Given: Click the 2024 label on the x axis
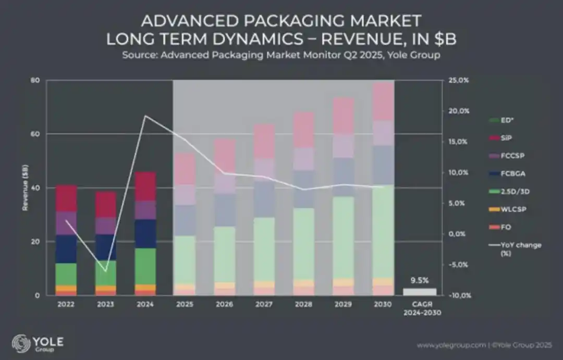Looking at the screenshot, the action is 145,304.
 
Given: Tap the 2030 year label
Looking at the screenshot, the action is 383,304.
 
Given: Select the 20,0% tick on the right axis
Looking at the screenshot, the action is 459,111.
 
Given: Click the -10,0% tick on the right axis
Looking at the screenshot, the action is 460,295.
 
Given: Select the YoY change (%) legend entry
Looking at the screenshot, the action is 515,249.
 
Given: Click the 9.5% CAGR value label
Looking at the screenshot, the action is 420,280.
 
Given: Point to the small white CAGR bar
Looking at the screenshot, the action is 420,292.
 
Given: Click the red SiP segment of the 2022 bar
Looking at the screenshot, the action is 66,198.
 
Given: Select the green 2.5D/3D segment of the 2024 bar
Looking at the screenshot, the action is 145,266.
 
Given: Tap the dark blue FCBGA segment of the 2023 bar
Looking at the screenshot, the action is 105,247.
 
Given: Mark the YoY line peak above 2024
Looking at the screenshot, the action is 145,116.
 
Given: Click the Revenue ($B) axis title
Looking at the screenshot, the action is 25,188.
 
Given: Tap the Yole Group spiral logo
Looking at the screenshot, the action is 21,343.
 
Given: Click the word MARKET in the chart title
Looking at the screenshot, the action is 386,21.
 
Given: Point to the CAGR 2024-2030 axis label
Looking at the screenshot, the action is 422,308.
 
